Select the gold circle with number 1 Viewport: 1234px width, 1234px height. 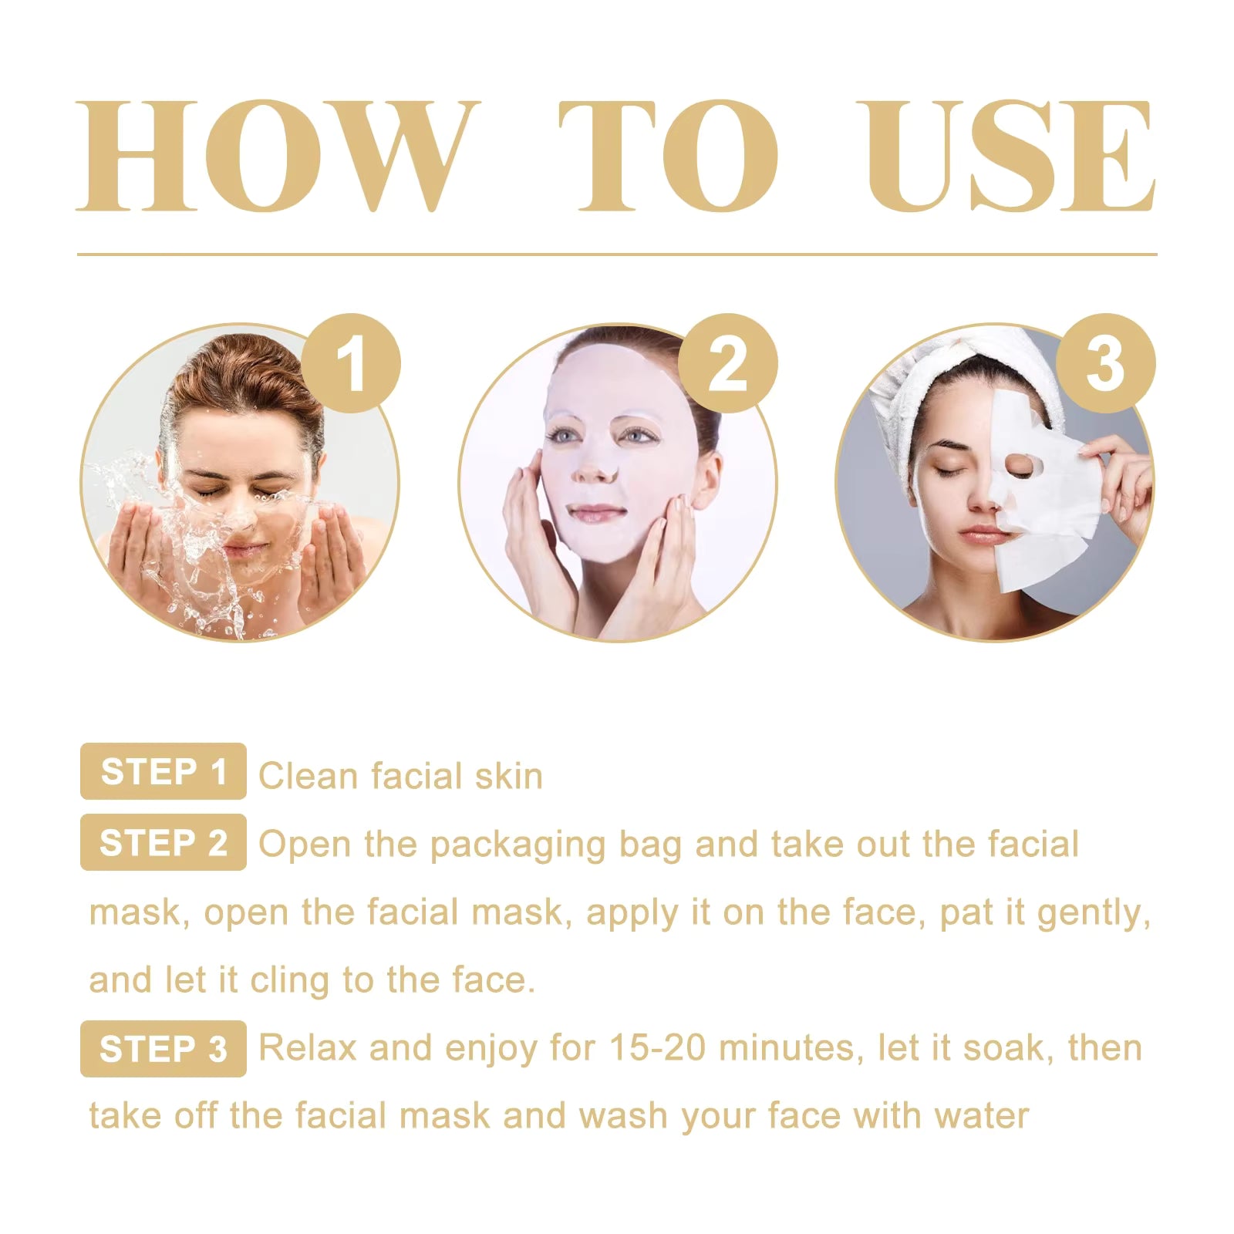click(x=351, y=362)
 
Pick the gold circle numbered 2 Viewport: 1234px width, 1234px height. click(x=727, y=362)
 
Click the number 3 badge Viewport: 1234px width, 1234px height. click(x=1105, y=362)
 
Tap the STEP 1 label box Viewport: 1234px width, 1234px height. click(x=164, y=771)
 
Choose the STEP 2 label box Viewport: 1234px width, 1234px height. click(x=164, y=842)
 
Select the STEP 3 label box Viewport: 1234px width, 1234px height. click(x=164, y=1049)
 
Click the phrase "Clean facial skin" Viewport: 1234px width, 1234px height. click(x=400, y=776)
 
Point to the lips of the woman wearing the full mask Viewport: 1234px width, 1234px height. click(x=596, y=511)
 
